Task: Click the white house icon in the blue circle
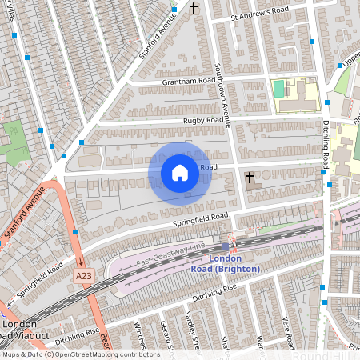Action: click(x=180, y=172)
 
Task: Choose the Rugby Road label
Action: click(x=202, y=120)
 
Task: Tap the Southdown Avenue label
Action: click(x=226, y=104)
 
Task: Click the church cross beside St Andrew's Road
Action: click(x=194, y=9)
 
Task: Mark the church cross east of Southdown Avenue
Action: click(x=250, y=177)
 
